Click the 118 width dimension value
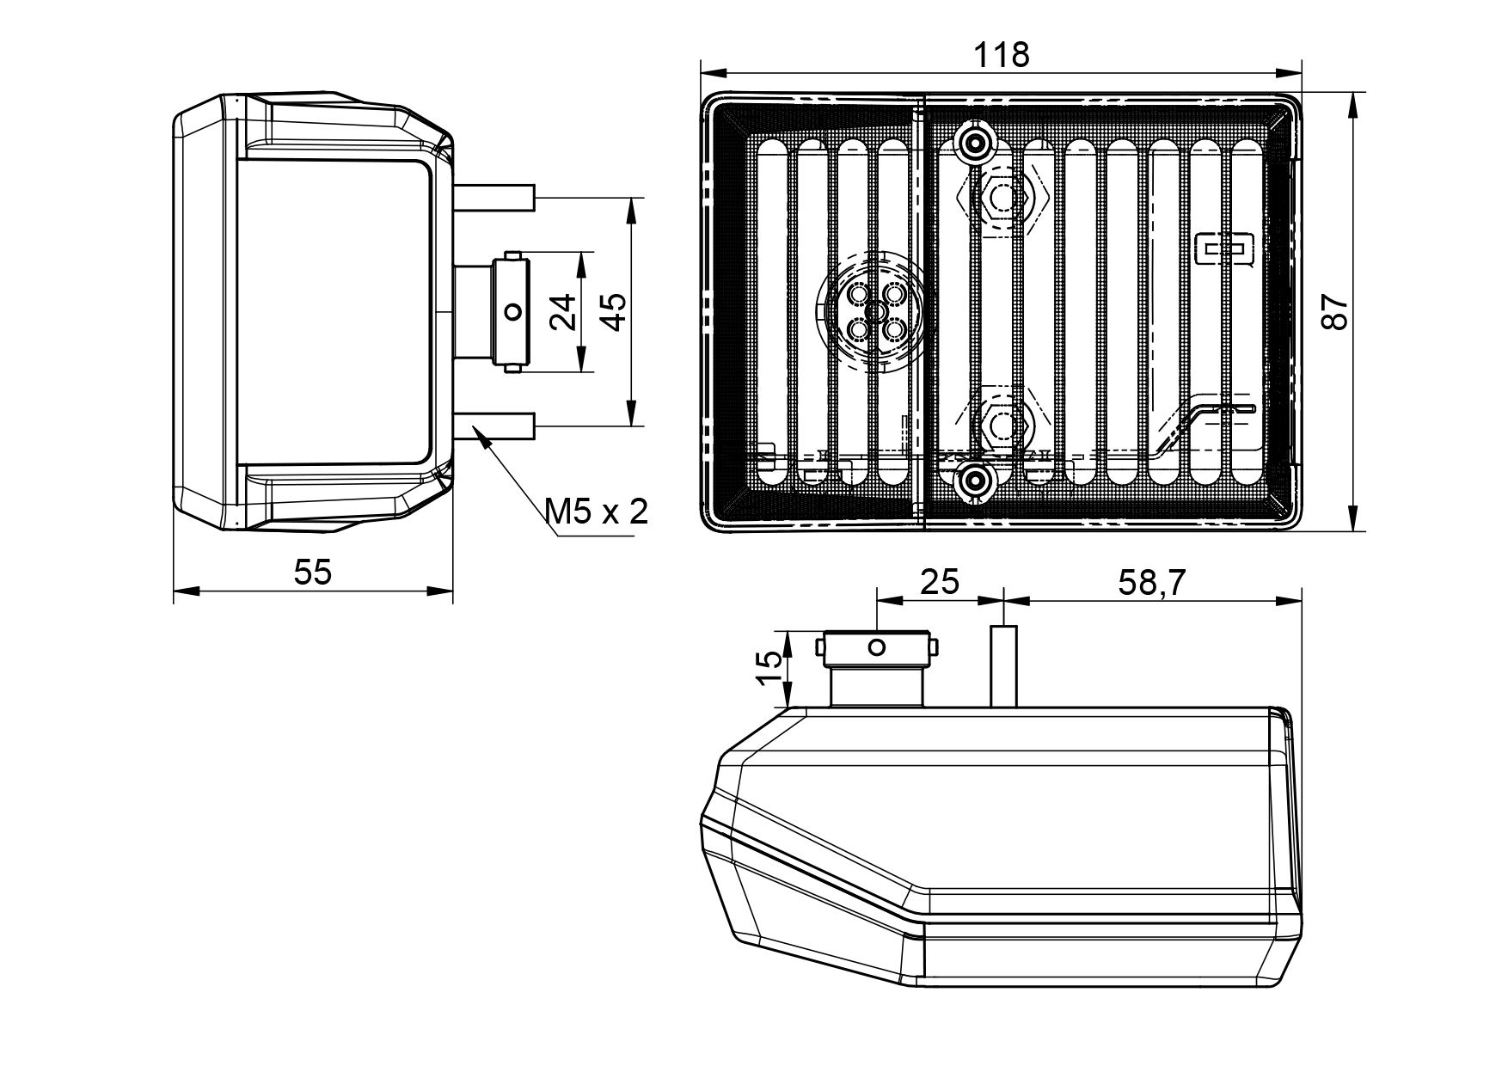click(1001, 55)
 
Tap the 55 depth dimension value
click(313, 572)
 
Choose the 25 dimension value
click(940, 582)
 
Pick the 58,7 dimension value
click(1152, 582)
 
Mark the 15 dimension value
click(771, 668)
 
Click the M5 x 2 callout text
click(597, 512)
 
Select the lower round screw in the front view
click(973, 481)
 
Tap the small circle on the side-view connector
click(513, 311)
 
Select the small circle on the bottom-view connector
click(876, 647)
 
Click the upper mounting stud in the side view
click(494, 199)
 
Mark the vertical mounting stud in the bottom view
click(1004, 666)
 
